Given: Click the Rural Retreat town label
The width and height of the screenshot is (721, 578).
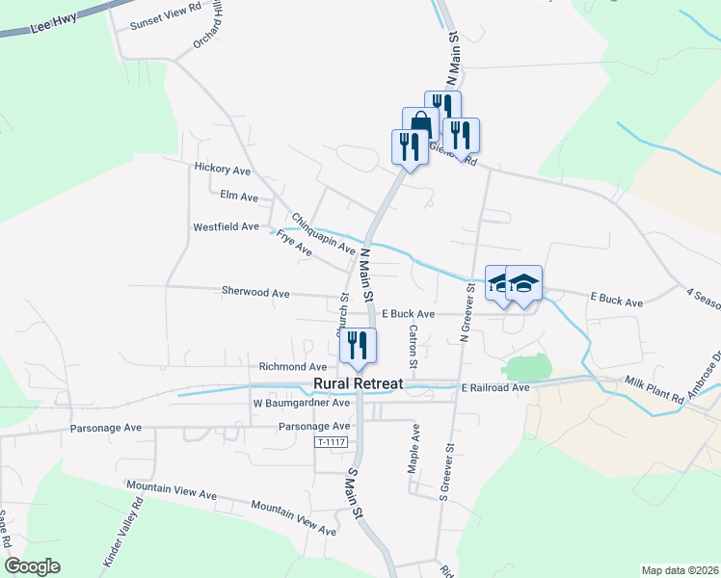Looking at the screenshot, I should click(x=359, y=384).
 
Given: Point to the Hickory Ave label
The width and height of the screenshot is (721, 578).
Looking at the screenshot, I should click(x=223, y=169).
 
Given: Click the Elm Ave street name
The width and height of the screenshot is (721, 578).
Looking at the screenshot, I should click(x=239, y=197).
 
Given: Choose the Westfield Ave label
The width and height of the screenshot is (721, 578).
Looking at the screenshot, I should click(x=227, y=227).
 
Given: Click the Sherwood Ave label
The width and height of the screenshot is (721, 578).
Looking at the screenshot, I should click(x=255, y=291).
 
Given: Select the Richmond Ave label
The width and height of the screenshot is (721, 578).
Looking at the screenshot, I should click(x=293, y=367).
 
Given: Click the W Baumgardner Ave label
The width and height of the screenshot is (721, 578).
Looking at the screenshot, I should click(x=302, y=404).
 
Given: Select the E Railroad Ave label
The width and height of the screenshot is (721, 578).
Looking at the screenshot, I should click(x=495, y=387).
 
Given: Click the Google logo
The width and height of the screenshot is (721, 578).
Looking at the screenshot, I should click(x=32, y=565).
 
